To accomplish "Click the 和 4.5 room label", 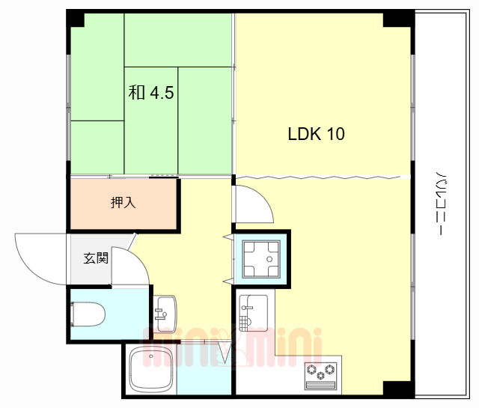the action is tap(151, 92).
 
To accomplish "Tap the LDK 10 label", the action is tap(316, 134).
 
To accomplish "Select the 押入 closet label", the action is tap(123, 202).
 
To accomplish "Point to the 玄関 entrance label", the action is tap(96, 258).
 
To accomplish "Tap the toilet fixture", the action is tap(88, 314).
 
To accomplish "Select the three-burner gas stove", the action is tap(321, 376).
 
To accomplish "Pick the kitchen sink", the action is tap(253, 313).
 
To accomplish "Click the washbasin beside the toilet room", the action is tap(165, 314).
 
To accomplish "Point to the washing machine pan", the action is tap(261, 260).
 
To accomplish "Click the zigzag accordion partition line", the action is tap(317, 177).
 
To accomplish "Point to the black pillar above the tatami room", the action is tap(76, 19).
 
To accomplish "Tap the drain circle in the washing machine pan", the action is tap(269, 259).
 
